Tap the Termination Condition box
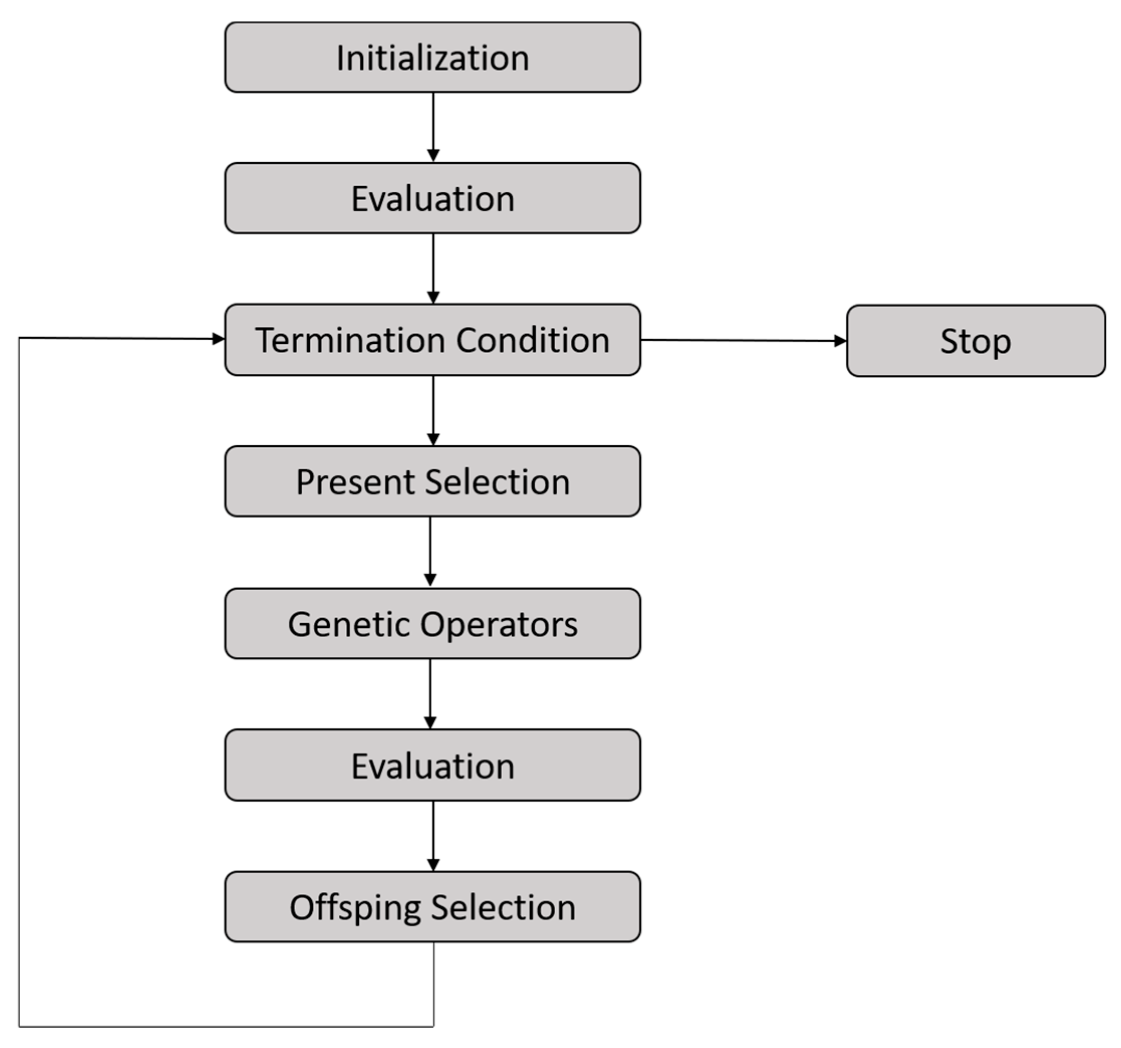[433, 340]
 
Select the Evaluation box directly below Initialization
[433, 198]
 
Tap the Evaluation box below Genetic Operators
[433, 765]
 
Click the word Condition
[532, 340]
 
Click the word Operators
[499, 624]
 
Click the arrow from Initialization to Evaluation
[433, 127]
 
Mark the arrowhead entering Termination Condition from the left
[218, 339]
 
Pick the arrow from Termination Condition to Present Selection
[433, 411]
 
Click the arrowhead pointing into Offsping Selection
[433, 864]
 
